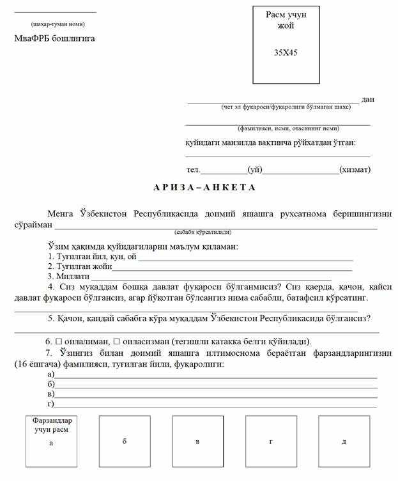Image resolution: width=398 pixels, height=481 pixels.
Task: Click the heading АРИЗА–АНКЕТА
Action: [x=204, y=187]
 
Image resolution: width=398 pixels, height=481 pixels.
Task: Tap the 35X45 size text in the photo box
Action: [x=286, y=52]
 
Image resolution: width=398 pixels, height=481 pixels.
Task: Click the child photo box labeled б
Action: [x=125, y=441]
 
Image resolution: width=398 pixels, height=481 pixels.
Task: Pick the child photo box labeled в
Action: [x=197, y=441]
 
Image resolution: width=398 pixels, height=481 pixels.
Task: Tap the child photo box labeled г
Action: [x=271, y=441]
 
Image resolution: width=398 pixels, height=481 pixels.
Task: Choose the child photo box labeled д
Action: [x=344, y=441]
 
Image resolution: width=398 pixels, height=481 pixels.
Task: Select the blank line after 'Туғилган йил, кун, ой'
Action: [x=246, y=259]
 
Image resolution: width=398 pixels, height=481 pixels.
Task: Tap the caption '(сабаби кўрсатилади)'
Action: [x=203, y=233]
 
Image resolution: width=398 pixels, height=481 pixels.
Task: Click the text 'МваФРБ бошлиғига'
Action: [x=55, y=38]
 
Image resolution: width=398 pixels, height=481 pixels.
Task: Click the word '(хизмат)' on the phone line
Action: [x=355, y=170]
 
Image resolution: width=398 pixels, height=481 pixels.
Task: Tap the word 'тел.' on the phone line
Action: [x=193, y=170]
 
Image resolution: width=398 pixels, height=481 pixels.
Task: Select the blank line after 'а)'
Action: [x=216, y=376]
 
